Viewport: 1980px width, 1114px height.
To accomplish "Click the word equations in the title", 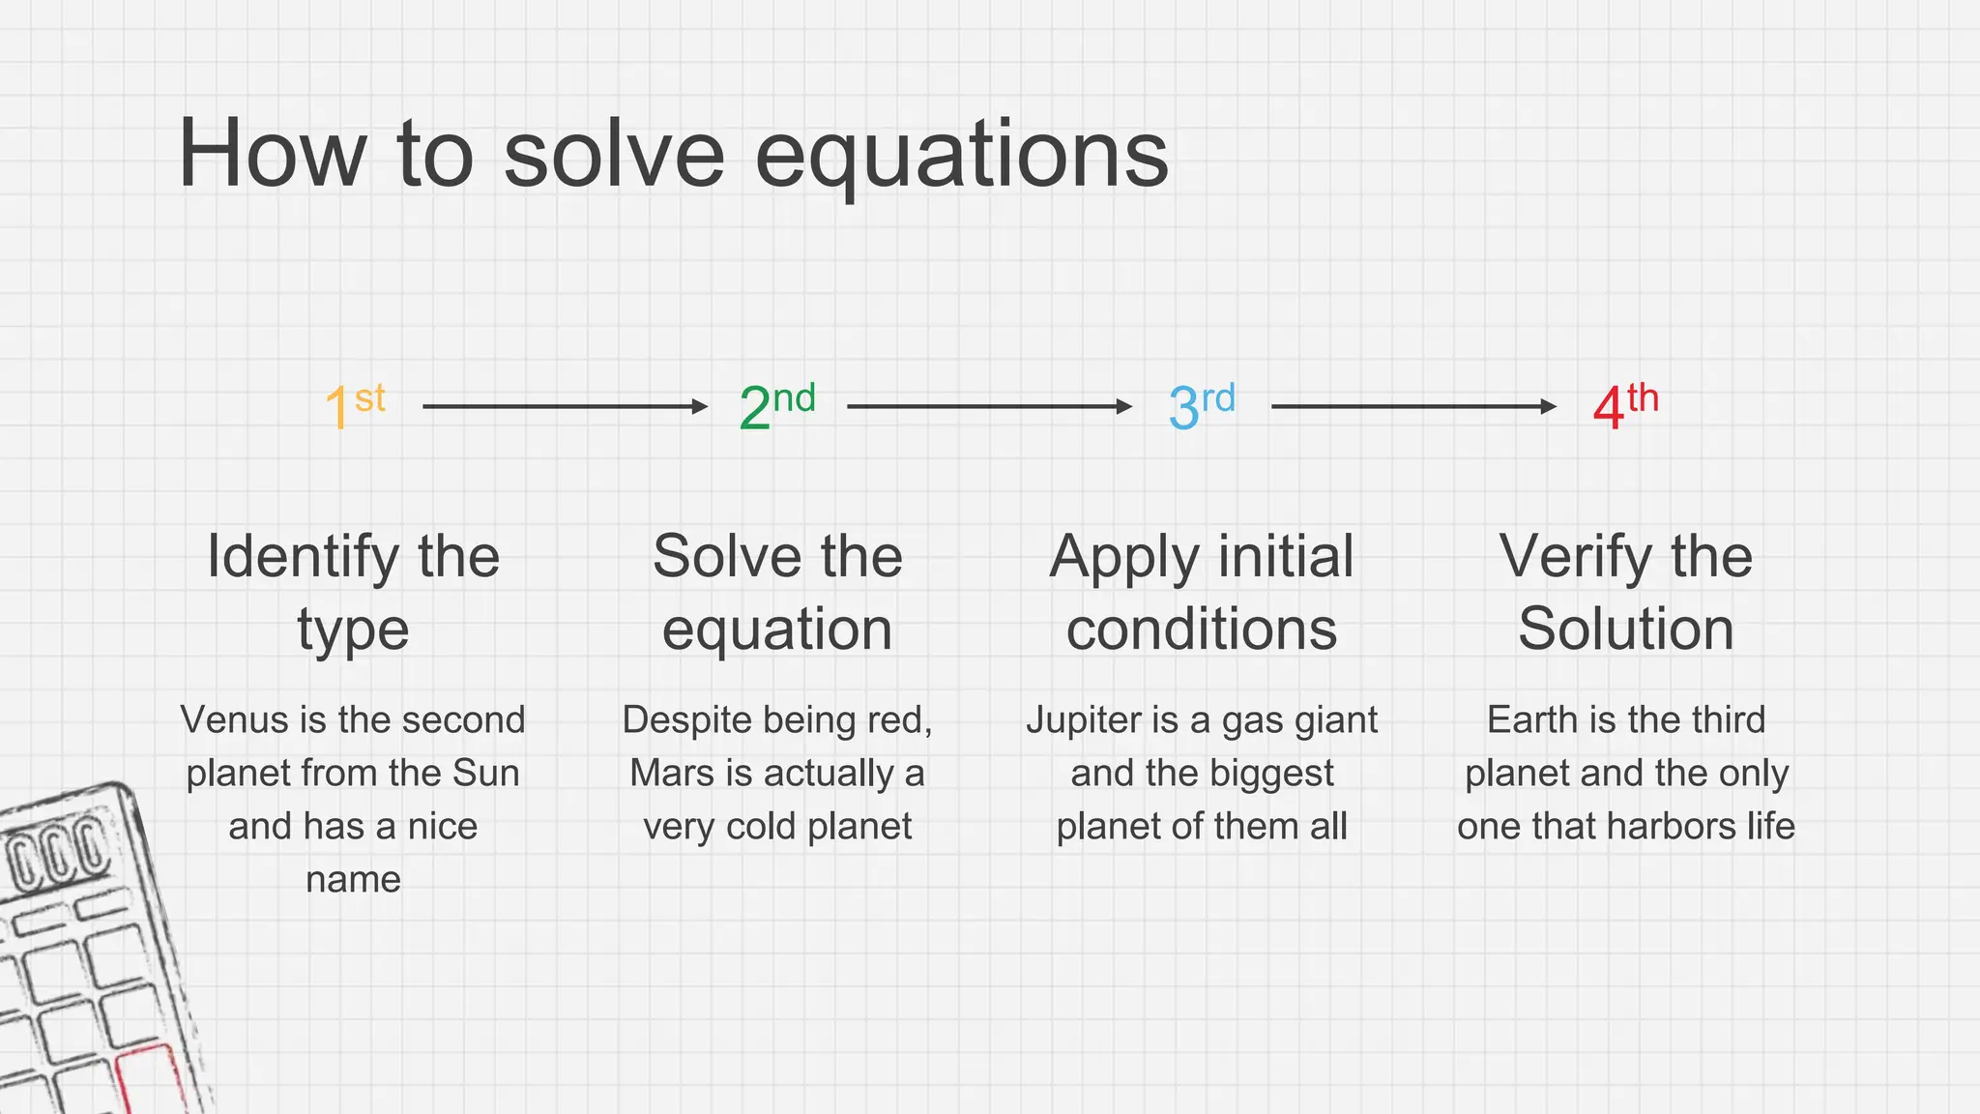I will pos(961,155).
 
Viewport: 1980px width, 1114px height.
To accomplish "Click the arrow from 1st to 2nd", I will pos(566,407).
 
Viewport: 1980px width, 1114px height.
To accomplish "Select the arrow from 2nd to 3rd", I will pos(989,407).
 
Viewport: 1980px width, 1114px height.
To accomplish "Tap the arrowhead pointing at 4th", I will pos(1548,407).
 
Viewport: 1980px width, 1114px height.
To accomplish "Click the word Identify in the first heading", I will pos(302,557).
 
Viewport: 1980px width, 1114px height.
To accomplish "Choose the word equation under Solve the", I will pos(777,630).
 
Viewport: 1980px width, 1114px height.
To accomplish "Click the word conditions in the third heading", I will pos(1202,630).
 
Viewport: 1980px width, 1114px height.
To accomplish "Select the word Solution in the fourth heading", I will pos(1625,630).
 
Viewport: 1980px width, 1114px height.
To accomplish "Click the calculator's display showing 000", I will pos(58,851).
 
